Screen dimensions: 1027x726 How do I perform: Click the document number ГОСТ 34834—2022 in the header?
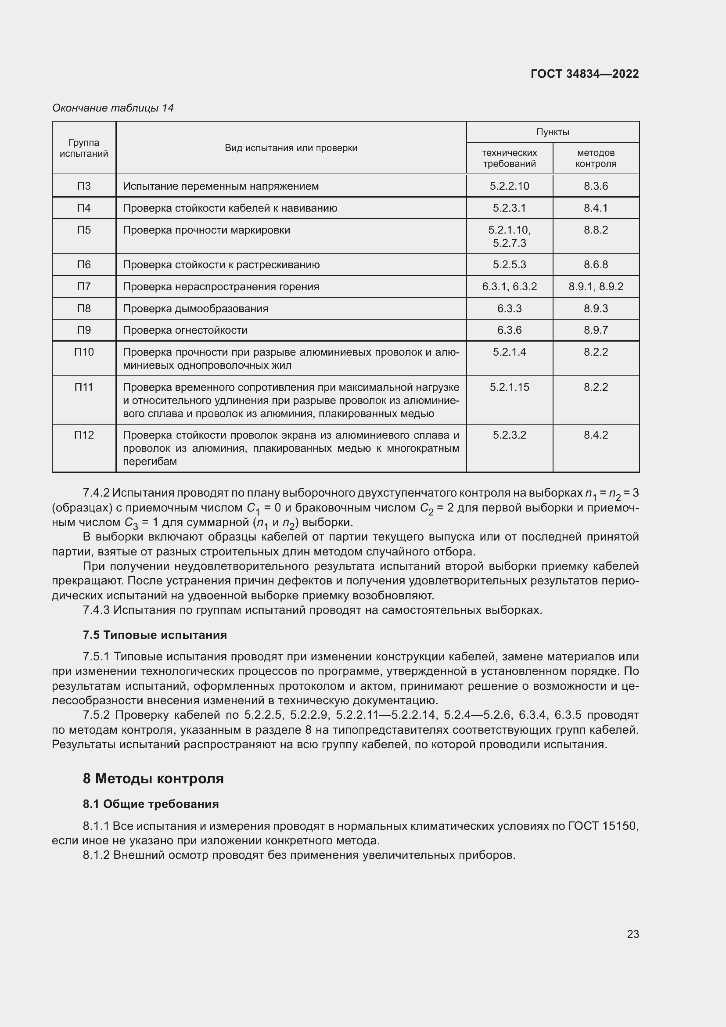584,74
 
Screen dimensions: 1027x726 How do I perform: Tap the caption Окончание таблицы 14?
113,108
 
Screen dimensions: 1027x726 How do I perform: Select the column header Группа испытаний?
83,148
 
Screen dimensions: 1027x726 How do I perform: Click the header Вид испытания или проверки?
291,148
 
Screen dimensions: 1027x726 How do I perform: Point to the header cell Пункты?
553,132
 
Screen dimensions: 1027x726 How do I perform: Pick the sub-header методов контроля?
596,159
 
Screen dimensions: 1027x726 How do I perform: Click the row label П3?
83,186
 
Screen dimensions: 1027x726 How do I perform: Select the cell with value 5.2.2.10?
509,186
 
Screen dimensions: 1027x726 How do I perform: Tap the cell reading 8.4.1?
596,208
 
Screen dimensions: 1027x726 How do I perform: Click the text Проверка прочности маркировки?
207,230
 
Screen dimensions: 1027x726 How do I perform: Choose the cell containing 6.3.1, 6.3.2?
509,287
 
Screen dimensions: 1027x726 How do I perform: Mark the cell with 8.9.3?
596,309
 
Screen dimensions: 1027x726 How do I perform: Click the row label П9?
83,330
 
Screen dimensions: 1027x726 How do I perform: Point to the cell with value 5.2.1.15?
509,387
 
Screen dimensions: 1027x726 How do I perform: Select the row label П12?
83,435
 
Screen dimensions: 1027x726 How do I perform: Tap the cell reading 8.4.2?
596,435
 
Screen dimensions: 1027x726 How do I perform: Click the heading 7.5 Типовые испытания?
155,635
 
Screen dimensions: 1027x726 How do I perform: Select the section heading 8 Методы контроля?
153,779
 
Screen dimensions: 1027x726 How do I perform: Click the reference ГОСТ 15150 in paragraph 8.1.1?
603,826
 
